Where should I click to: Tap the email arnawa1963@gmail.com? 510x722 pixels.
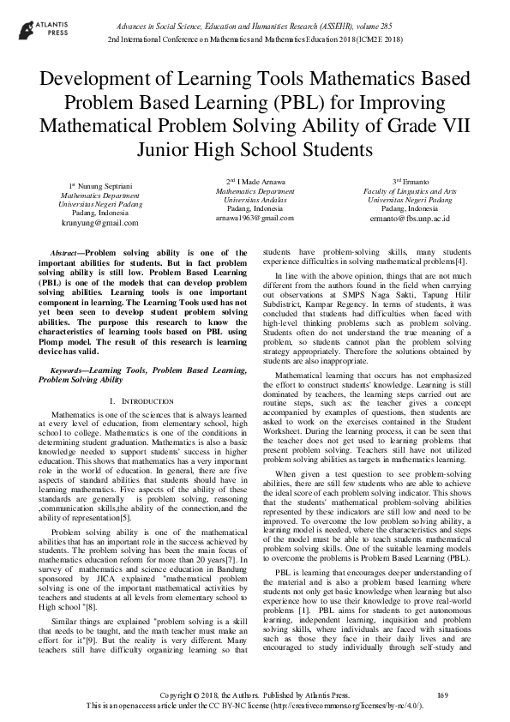[x=255, y=218]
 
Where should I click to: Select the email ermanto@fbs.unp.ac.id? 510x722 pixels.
[x=409, y=219]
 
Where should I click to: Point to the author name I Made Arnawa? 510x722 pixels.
[x=258, y=181]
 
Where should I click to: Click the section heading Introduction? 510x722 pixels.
[x=142, y=401]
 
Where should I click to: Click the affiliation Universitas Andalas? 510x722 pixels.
[x=255, y=200]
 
